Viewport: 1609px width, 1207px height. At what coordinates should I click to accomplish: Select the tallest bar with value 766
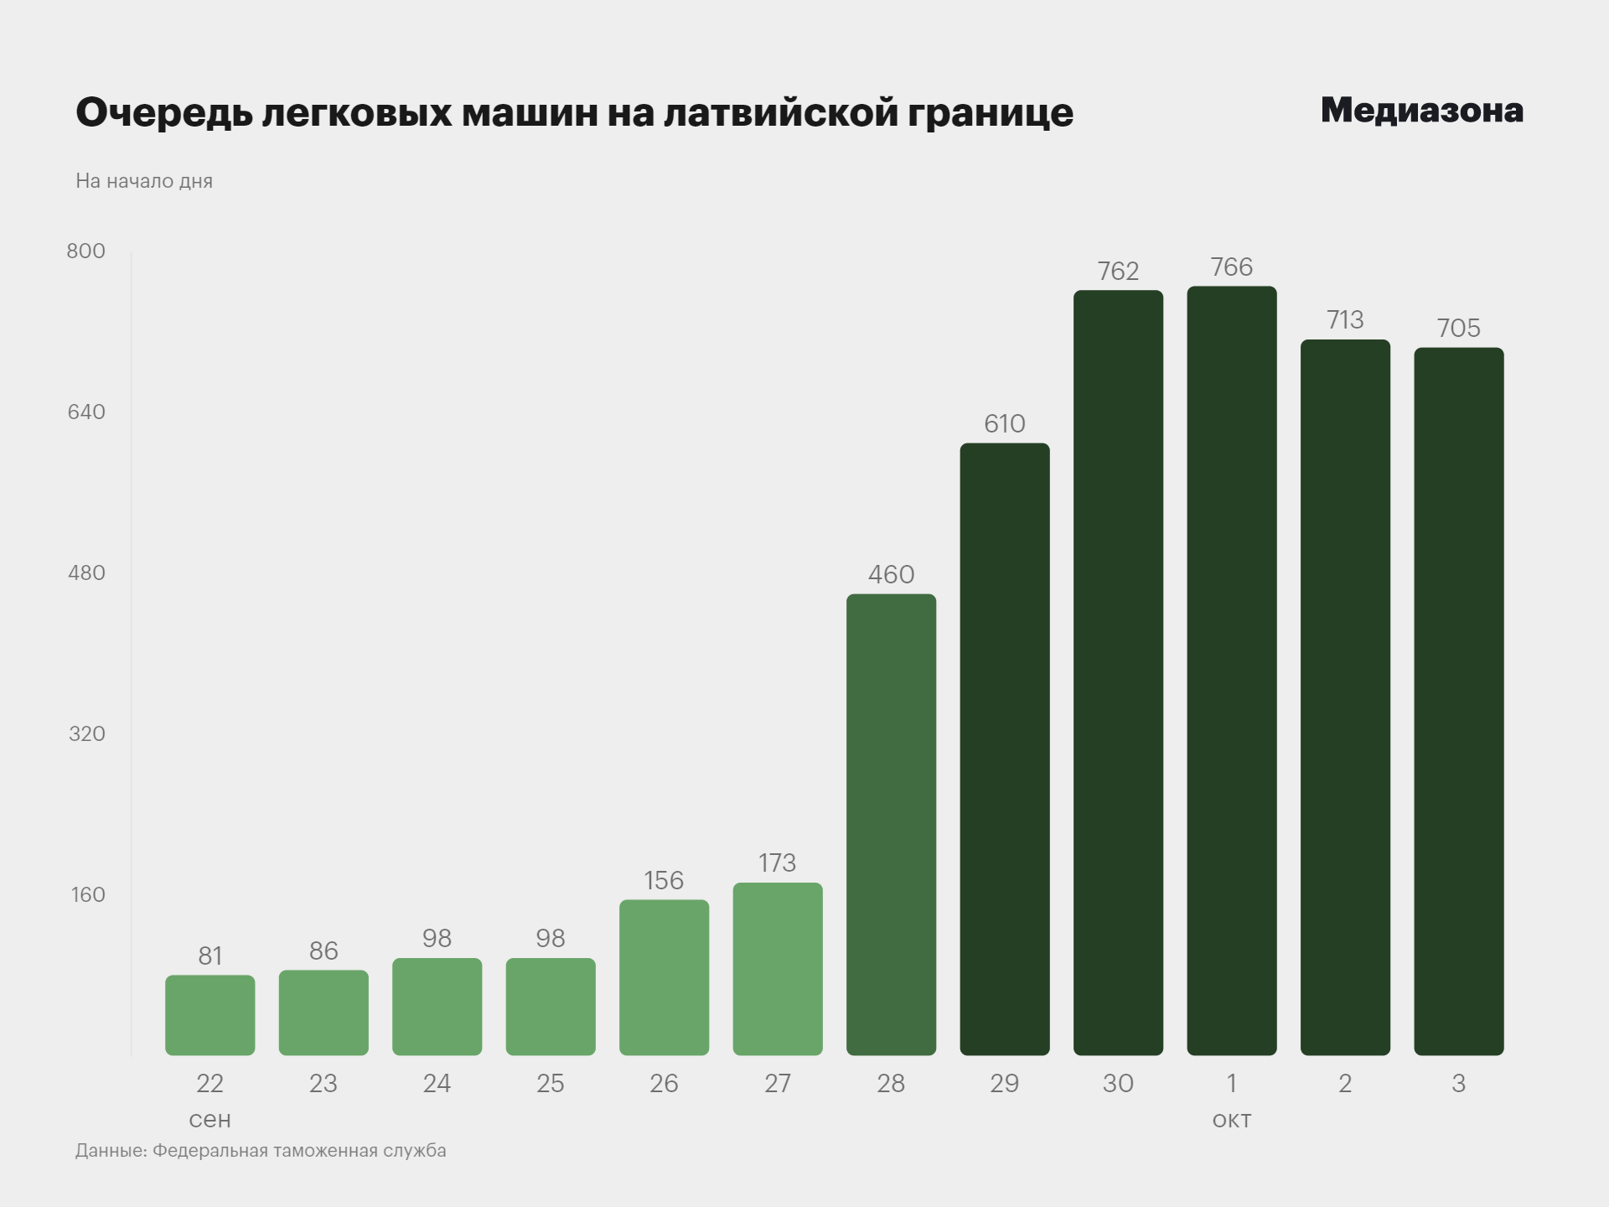[x=1231, y=671]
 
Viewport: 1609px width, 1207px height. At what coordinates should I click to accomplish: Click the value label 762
[x=1118, y=272]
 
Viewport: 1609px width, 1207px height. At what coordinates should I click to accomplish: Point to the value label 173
[x=777, y=863]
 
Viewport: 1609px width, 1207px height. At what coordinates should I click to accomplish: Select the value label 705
[x=1458, y=329]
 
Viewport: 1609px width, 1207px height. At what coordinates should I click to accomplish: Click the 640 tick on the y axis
[x=86, y=412]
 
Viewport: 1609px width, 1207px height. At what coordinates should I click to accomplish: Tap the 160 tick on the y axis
[x=88, y=895]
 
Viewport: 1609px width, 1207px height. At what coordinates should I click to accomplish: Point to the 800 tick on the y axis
[x=86, y=251]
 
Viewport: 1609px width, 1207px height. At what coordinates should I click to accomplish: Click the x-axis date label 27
[x=777, y=1084]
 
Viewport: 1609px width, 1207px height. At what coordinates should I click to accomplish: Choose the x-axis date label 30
[x=1118, y=1084]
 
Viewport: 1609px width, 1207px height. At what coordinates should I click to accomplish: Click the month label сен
[x=210, y=1120]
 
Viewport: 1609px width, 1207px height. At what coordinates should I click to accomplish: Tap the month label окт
[x=1231, y=1120]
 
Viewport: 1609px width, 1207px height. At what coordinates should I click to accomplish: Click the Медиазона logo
[x=1421, y=111]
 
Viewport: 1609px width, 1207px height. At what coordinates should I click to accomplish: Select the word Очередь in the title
[x=164, y=113]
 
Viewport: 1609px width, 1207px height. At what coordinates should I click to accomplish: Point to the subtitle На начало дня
[x=144, y=182]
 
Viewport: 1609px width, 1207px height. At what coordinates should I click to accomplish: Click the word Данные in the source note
[x=111, y=1151]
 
